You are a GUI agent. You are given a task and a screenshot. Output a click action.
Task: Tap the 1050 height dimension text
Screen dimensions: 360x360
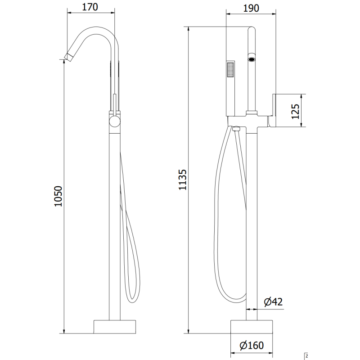(x=58, y=197)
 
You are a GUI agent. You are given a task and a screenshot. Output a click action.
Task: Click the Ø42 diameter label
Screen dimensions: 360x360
(x=273, y=302)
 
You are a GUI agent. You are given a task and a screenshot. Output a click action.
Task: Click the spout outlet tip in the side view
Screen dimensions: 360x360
(x=67, y=56)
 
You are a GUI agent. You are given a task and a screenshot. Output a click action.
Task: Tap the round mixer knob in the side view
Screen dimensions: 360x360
(x=115, y=121)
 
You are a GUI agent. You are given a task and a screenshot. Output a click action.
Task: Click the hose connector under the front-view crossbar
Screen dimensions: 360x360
(x=237, y=130)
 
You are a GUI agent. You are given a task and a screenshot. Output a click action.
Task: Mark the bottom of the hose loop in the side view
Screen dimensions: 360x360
(x=133, y=301)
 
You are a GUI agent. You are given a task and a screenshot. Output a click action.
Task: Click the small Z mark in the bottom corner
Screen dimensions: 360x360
(x=306, y=356)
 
